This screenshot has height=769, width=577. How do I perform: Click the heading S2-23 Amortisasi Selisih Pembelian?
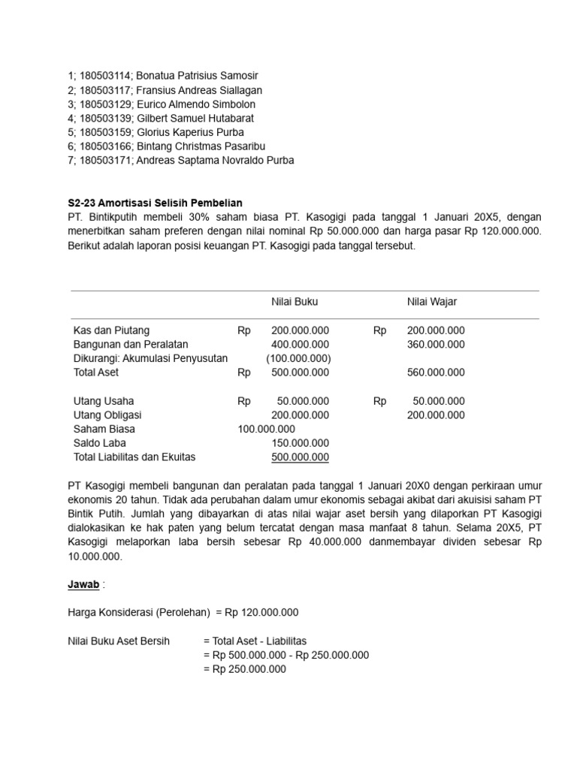tap(156, 203)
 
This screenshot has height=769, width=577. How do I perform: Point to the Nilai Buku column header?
tap(295, 302)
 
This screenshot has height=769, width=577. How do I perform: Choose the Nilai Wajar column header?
tap(432, 302)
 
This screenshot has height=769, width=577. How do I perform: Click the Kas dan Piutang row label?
tap(111, 330)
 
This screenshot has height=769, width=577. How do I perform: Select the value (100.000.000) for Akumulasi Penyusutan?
tap(298, 358)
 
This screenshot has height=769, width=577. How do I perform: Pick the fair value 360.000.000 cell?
tap(436, 345)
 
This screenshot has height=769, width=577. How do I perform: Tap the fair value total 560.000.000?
tap(436, 372)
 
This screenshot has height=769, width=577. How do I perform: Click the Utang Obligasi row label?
tap(107, 415)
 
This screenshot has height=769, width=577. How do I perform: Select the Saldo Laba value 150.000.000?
tap(300, 443)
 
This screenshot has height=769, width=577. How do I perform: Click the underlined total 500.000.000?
tap(300, 457)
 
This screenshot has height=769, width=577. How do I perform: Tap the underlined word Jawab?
tap(83, 584)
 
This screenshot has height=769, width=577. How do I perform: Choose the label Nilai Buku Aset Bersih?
tap(119, 641)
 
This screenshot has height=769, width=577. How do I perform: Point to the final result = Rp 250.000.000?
tap(245, 669)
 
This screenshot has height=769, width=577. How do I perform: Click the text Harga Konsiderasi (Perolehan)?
tap(139, 613)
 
